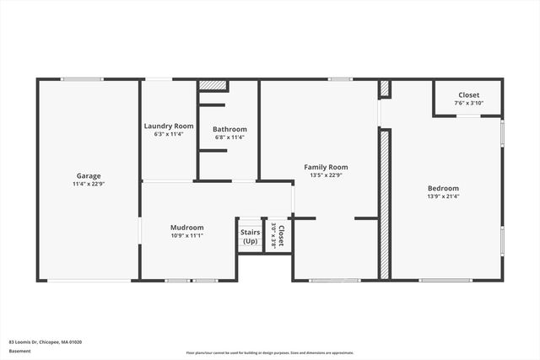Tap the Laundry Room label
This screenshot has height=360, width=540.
pyautogui.click(x=169, y=126)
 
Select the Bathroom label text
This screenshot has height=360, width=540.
pyautogui.click(x=229, y=129)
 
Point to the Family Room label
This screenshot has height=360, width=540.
pyautogui.click(x=326, y=167)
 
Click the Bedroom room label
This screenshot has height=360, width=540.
pyautogui.click(x=443, y=188)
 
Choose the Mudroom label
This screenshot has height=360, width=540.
pyautogui.click(x=187, y=227)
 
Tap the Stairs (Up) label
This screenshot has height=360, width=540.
pyautogui.click(x=250, y=237)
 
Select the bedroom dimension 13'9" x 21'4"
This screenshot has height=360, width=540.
pyautogui.click(x=443, y=196)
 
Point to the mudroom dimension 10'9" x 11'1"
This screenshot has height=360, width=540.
pyautogui.click(x=187, y=235)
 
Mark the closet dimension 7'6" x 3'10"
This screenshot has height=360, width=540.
pyautogui.click(x=468, y=104)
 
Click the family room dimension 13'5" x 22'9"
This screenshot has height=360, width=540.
pyautogui.click(x=326, y=175)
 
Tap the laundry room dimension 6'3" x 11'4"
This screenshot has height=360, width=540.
pyautogui.click(x=169, y=134)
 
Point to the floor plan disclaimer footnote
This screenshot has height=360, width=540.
pyautogui.click(x=270, y=352)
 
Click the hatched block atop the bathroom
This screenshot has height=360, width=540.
pyautogui.click(x=213, y=86)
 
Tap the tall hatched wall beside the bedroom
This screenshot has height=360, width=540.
pyautogui.click(x=385, y=202)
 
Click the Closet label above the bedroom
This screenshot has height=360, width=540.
pyautogui.click(x=468, y=95)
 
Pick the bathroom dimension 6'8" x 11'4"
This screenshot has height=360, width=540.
pyautogui.click(x=229, y=137)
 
